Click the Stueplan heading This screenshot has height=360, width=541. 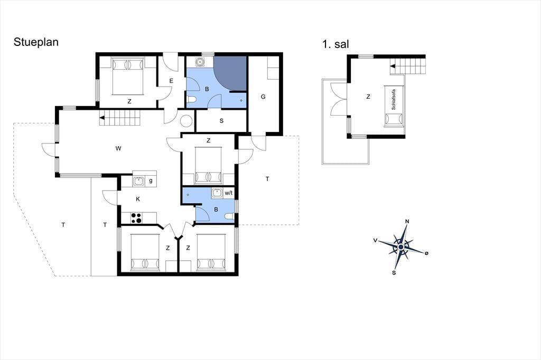[36, 42]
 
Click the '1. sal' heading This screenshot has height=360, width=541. [335, 44]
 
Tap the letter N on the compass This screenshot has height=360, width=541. [407, 221]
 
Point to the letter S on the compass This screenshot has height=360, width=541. [394, 273]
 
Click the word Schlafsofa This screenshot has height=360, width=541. [394, 99]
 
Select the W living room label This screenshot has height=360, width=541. [118, 149]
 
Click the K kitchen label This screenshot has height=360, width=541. [138, 199]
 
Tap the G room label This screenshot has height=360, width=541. [263, 97]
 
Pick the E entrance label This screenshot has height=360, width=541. [171, 81]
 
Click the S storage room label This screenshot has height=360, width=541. [221, 121]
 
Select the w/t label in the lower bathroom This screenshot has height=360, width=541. [228, 193]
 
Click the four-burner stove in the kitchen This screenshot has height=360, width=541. [136, 218]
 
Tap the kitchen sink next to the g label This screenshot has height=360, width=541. [139, 181]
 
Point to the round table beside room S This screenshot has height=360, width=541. [186, 121]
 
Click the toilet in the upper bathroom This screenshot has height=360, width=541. [191, 100]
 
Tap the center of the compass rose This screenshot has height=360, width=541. [401, 247]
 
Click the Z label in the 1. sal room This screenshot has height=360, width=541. [368, 97]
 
